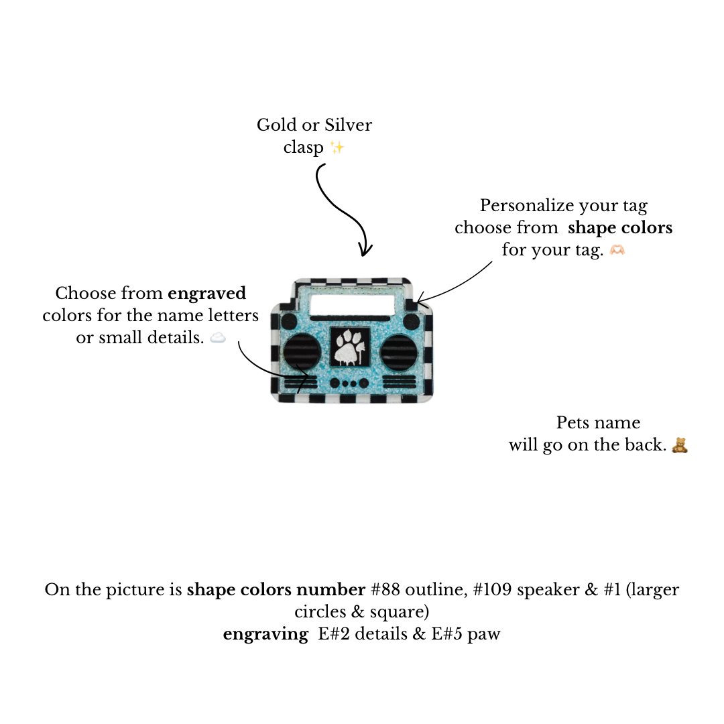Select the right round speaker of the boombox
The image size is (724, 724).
coord(399,351)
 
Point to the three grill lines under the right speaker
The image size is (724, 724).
coord(400,383)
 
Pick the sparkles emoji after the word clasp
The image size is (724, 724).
coord(337,147)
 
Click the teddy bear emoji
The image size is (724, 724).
coord(680,445)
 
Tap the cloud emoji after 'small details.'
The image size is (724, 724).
coord(218,338)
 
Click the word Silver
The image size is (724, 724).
coord(349,125)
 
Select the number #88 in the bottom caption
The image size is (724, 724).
coord(385,590)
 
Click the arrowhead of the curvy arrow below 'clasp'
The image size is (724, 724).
coord(365,251)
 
